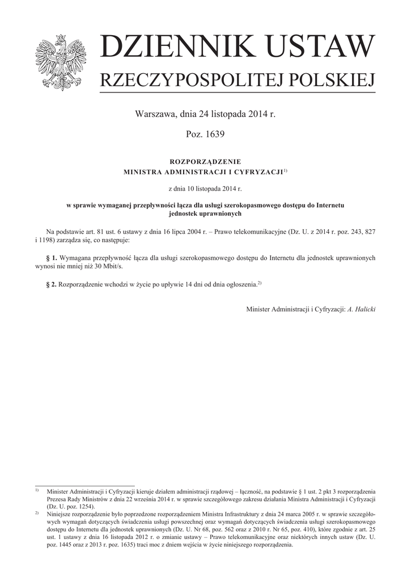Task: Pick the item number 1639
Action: [214, 134]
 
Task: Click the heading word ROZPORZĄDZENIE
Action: [206, 162]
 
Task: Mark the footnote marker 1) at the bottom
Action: [36, 490]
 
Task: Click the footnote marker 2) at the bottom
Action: [36, 512]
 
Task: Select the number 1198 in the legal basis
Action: [46, 241]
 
